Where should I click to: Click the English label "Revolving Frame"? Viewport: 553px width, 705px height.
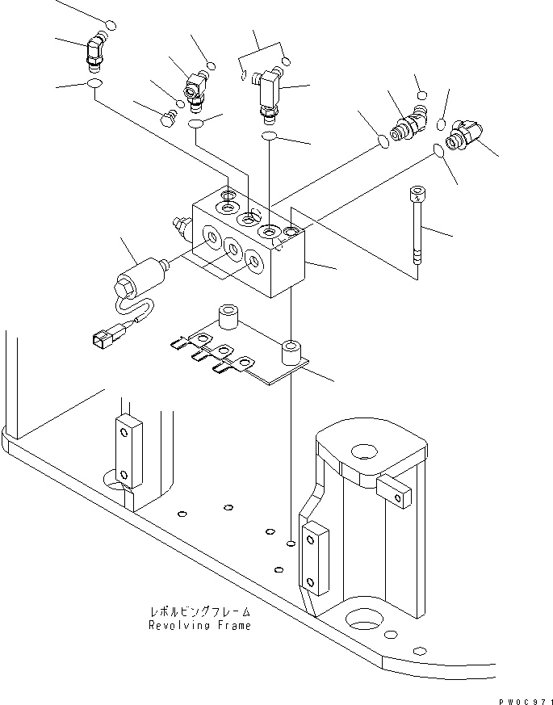(x=199, y=625)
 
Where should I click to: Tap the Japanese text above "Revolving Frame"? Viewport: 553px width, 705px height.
(x=199, y=611)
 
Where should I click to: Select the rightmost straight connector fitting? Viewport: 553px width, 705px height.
(x=466, y=134)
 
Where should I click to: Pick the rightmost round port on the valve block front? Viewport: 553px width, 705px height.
(x=253, y=261)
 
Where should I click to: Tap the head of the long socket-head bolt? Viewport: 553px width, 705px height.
(x=416, y=192)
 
